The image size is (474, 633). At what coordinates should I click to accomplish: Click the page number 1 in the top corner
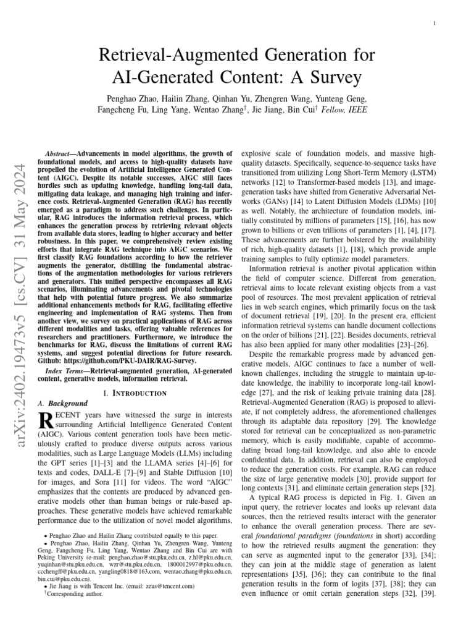(436, 23)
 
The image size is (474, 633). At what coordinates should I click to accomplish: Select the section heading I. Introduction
(135, 393)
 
